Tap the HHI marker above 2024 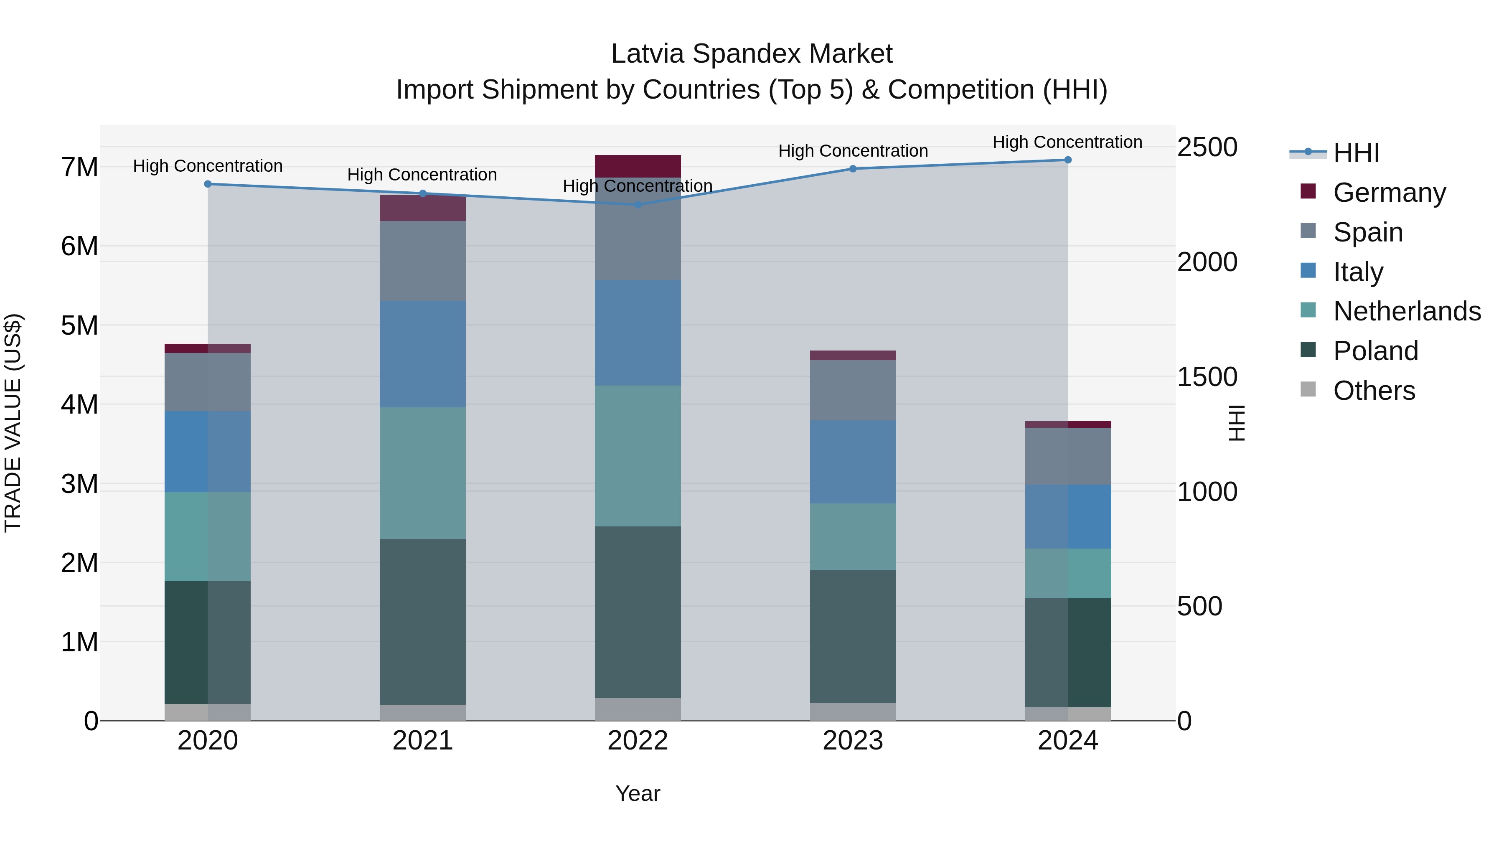1068,160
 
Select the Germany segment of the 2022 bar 638,166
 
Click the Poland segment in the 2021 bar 423,621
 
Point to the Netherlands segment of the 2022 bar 638,456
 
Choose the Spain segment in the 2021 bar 423,261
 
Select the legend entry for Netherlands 1407,311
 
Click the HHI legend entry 1356,153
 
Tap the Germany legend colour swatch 1308,191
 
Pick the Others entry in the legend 1374,391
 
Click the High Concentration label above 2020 208,166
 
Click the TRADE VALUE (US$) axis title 13,423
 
